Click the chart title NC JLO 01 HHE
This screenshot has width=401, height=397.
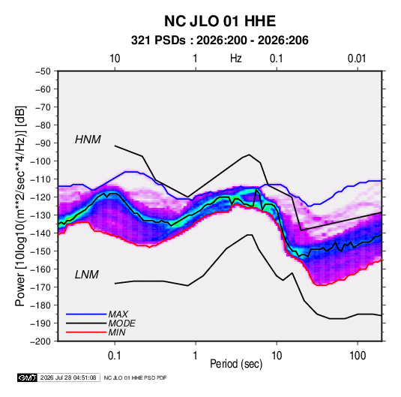(x=220, y=21)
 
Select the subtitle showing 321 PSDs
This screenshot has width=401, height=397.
(x=220, y=41)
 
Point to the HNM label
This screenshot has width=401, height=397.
(x=88, y=140)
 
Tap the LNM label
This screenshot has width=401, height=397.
(x=87, y=275)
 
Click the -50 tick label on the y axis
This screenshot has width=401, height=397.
(x=43, y=71)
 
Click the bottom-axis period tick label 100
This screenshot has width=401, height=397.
(x=358, y=356)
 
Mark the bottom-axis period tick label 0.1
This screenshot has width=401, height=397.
(x=115, y=356)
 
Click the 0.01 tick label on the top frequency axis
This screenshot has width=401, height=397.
(x=357, y=59)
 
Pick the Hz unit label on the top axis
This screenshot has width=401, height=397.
(x=235, y=59)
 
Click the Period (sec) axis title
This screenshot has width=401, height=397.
(x=236, y=364)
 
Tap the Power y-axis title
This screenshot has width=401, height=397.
(x=20, y=206)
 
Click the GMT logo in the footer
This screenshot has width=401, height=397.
(x=27, y=377)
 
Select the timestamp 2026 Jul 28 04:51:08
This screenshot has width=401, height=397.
(x=68, y=377)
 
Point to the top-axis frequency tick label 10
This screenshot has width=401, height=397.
(x=115, y=59)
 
